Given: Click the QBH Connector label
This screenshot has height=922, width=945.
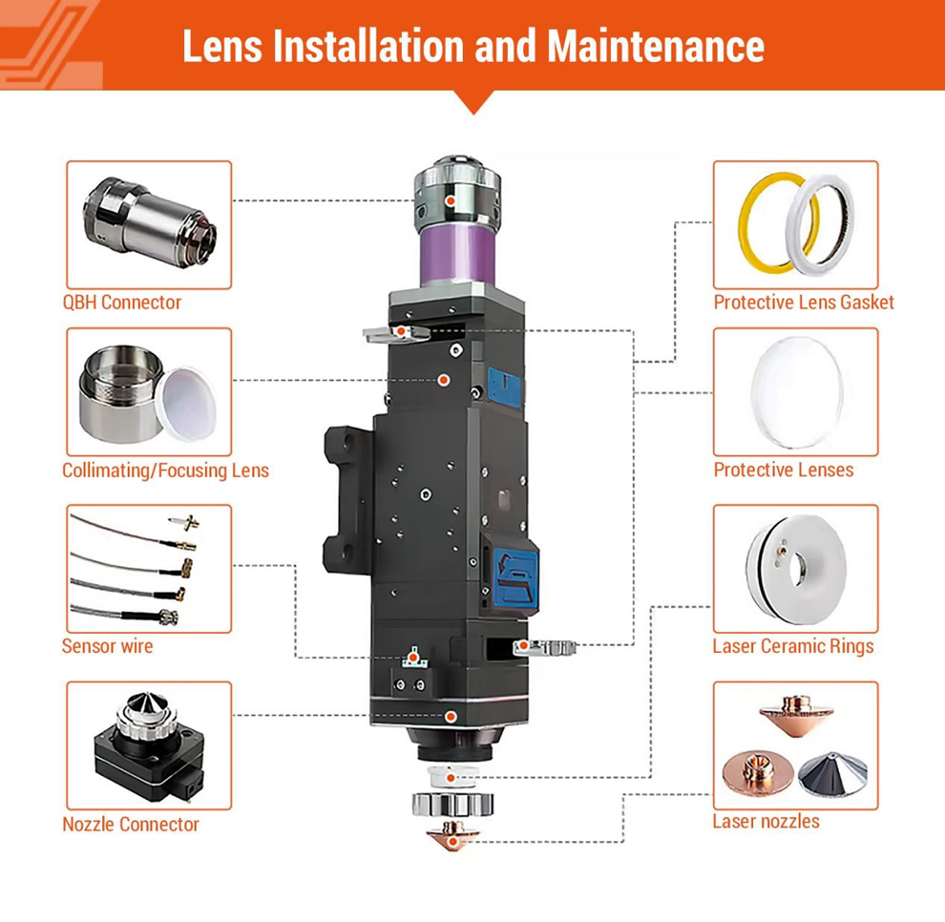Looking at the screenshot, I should click(x=121, y=303).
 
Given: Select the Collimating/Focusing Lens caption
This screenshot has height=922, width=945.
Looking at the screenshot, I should click(x=165, y=471).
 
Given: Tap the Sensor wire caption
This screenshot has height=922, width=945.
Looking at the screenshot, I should click(x=107, y=646).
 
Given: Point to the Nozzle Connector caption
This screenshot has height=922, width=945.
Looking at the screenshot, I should click(x=131, y=825).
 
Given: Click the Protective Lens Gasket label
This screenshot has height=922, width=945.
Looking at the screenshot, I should click(x=804, y=303).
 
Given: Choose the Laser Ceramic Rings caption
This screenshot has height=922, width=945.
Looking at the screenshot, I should click(x=792, y=646).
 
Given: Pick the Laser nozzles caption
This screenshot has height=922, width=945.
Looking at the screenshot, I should click(x=766, y=821).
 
